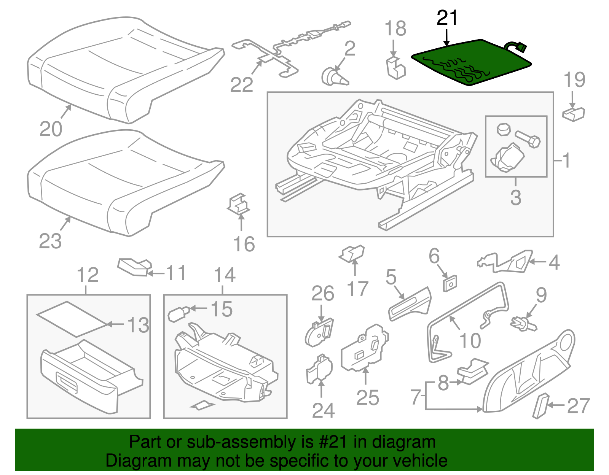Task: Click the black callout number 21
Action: pos(447,18)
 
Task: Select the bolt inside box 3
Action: pos(528,139)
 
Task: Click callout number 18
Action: pos(395,29)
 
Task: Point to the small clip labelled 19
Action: pos(573,114)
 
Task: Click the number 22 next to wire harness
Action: pos(241,85)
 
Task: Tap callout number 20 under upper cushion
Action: pos(51,129)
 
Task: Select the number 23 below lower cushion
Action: pos(50,241)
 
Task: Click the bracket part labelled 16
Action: pos(239,205)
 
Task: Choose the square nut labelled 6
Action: pos(450,283)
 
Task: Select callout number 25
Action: pos(367,398)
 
